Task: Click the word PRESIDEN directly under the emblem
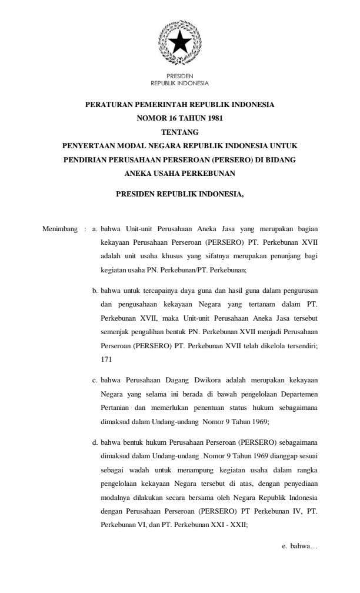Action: (180, 76)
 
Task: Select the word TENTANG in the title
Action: (180, 132)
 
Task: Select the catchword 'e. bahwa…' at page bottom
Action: (300, 547)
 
